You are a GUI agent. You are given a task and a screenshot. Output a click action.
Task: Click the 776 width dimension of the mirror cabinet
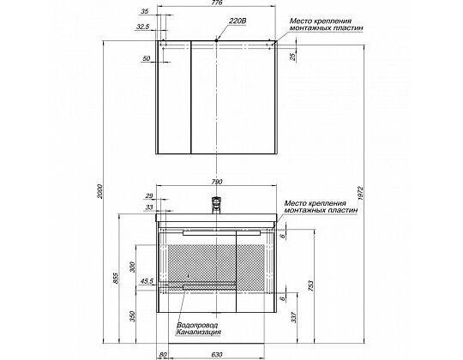(217, 3)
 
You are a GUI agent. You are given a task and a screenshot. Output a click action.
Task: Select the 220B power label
(238, 21)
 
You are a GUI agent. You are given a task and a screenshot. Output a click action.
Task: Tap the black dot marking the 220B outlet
(216, 40)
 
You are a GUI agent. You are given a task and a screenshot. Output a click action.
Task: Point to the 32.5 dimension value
(143, 27)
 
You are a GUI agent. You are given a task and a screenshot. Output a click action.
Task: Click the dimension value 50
(147, 59)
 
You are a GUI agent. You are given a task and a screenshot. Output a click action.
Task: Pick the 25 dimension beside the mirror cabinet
(293, 57)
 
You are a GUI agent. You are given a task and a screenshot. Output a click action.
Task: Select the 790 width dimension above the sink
(217, 182)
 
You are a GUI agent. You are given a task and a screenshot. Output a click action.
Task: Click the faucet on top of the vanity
(217, 206)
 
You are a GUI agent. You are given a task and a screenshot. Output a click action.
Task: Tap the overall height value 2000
(100, 191)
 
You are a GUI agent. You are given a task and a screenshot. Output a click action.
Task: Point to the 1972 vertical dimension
(360, 193)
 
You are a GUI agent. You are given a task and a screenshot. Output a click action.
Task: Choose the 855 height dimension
(116, 279)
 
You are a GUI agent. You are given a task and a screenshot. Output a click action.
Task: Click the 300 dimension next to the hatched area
(133, 267)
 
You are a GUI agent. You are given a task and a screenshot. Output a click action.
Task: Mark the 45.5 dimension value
(147, 281)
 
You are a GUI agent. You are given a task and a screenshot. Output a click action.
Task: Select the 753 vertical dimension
(310, 285)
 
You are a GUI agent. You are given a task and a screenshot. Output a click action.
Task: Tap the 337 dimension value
(294, 317)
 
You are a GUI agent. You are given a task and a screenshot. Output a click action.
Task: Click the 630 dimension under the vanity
(217, 354)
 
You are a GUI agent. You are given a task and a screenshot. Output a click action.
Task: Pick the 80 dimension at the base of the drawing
(163, 354)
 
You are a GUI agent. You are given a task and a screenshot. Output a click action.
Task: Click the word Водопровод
(197, 325)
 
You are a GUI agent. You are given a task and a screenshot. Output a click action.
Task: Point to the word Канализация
(198, 333)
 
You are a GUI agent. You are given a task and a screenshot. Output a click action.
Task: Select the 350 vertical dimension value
(133, 316)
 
